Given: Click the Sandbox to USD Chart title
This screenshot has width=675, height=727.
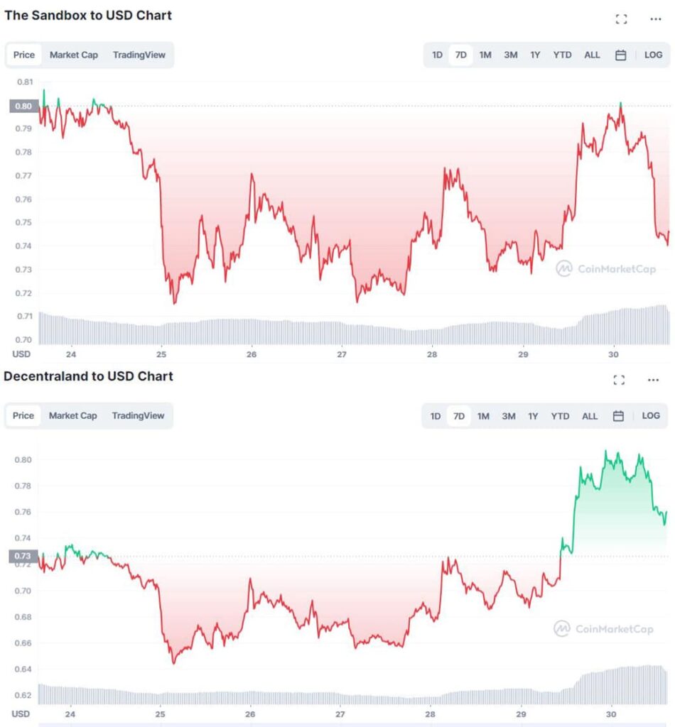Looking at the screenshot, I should pos(88,15).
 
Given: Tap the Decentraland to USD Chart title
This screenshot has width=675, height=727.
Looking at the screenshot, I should pos(88,376).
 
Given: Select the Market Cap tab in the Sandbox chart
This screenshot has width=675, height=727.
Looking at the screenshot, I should pos(74,55).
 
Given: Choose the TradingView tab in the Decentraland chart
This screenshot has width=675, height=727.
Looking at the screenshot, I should pos(139,415).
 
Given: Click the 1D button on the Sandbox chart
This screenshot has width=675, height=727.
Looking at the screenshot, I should pos(438,55).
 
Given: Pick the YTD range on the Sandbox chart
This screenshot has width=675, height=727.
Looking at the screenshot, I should pos(562,55).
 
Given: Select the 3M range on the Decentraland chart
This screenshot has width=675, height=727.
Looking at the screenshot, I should pos(509,416).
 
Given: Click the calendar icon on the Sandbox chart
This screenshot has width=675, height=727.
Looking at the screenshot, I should pos(620,55).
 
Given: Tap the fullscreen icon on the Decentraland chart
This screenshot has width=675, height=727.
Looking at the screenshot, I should pos(618,380).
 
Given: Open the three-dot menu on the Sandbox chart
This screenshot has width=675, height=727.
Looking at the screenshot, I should pos(656,19).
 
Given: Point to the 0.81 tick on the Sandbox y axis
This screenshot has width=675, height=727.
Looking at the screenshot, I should pos(24,82).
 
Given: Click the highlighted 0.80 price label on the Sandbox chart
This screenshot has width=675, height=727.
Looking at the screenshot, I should pos(24,106).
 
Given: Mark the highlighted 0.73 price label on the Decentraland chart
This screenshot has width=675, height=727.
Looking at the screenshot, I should pos(23,556).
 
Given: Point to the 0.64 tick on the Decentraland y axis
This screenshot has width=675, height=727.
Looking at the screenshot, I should pos(23,669).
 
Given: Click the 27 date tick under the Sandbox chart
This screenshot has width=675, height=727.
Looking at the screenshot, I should pos(342,354).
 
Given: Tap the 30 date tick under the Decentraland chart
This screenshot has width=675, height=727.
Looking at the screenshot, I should pos(611,714).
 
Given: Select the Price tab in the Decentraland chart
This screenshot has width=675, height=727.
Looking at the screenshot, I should pos(23,415).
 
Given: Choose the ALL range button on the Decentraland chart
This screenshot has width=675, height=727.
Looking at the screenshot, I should pos(590,416).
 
